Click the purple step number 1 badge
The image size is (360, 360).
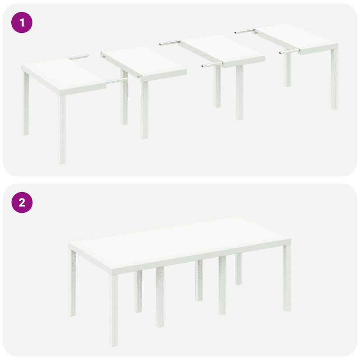tap(22, 22)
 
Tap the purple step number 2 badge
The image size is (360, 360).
tap(22, 203)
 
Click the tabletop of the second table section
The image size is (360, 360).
tap(144, 63)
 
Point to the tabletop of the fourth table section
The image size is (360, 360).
tap(297, 38)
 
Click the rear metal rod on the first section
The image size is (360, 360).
tap(79, 57)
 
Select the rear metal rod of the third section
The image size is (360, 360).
tap(170, 43)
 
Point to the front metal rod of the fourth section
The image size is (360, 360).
tap(288, 52)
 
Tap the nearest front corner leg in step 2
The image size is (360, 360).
tap(114, 297)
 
